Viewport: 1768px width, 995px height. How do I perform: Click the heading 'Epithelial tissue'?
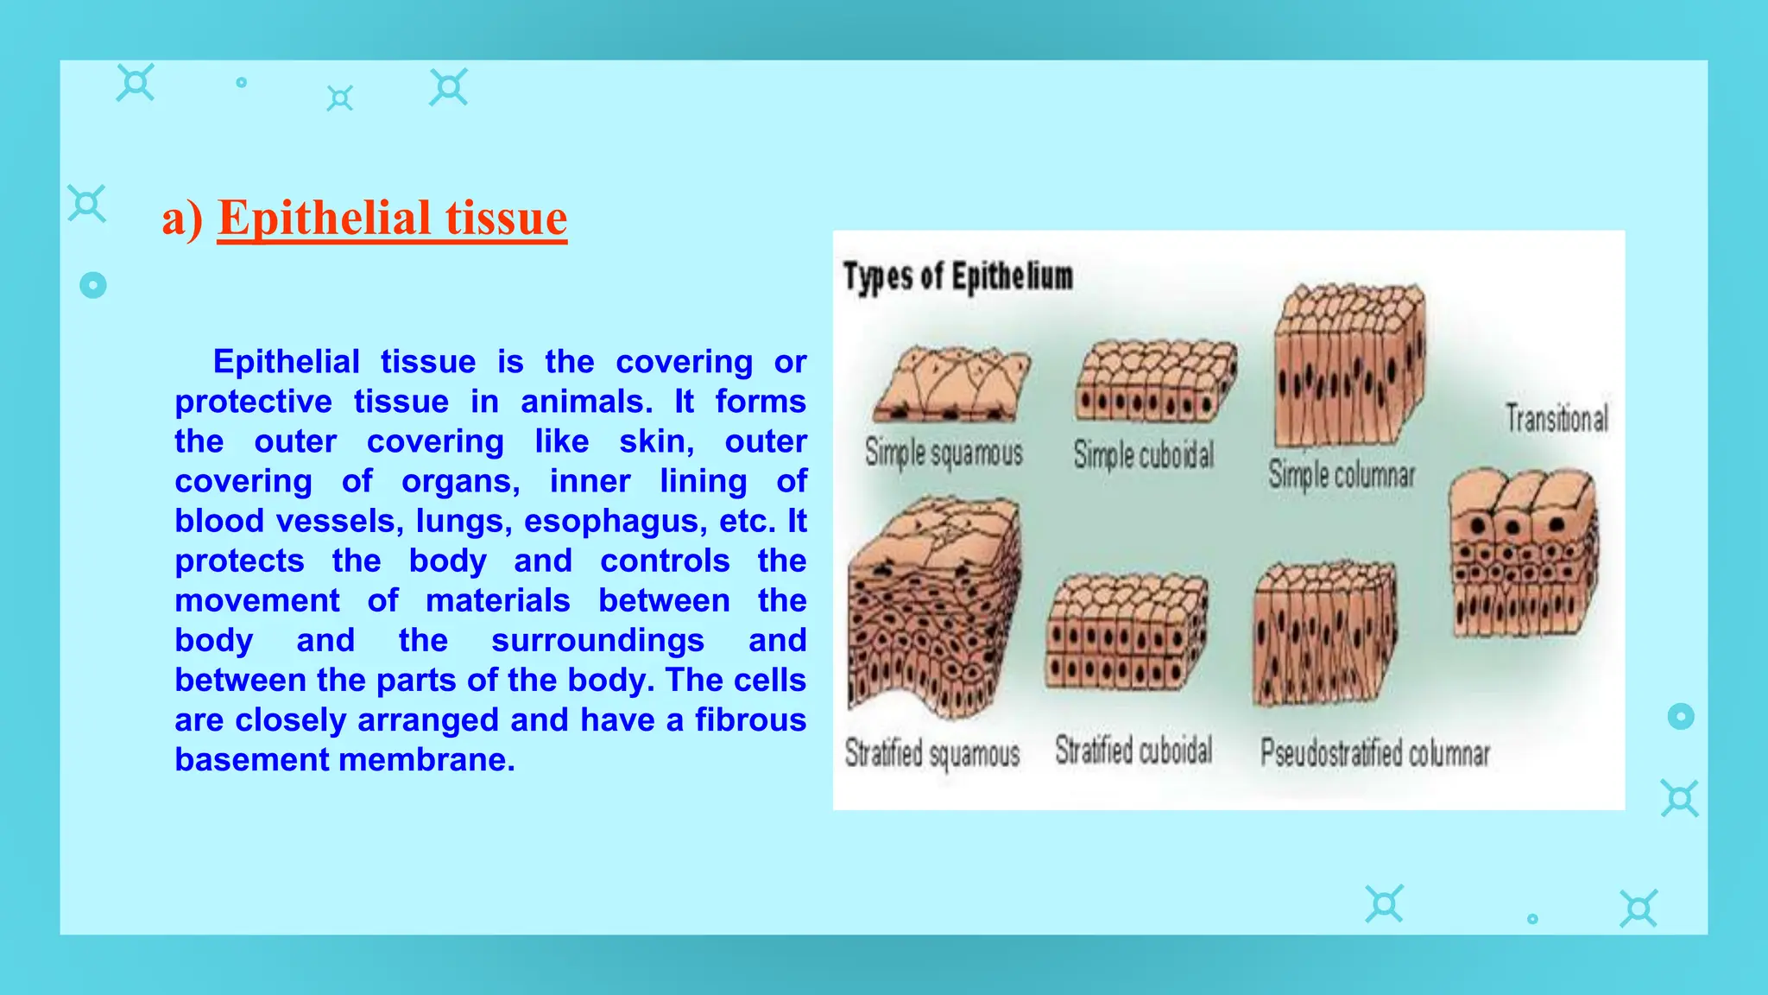(x=392, y=218)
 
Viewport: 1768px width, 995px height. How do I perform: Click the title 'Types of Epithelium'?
(x=957, y=277)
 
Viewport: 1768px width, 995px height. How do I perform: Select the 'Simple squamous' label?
(x=944, y=453)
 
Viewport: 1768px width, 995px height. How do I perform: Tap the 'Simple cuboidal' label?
(x=1143, y=455)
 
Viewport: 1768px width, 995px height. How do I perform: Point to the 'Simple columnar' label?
(x=1341, y=475)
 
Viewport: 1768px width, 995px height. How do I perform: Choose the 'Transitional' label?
(x=1556, y=419)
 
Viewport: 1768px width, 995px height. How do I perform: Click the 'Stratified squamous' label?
(x=931, y=753)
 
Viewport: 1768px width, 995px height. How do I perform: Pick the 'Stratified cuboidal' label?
(x=1133, y=751)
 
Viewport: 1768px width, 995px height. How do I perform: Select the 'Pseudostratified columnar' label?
(x=1374, y=753)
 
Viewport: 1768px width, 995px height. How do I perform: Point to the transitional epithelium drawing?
(x=1523, y=553)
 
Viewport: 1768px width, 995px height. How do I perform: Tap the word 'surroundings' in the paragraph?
(x=597, y=641)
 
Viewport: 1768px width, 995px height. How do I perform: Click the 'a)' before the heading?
(x=182, y=219)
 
